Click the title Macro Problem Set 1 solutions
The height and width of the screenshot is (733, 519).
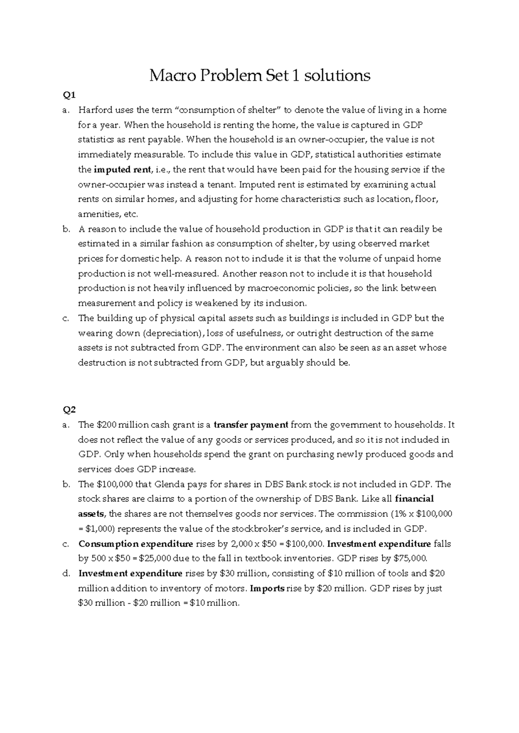tap(259, 76)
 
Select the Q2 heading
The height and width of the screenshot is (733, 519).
tap(69, 410)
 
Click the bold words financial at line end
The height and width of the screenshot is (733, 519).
tap(414, 499)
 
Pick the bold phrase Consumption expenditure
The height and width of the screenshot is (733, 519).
tap(135, 544)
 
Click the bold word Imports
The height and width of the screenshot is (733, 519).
tap(267, 588)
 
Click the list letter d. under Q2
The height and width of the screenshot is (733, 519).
tap(66, 574)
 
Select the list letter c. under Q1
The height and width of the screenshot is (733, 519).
tap(66, 319)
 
